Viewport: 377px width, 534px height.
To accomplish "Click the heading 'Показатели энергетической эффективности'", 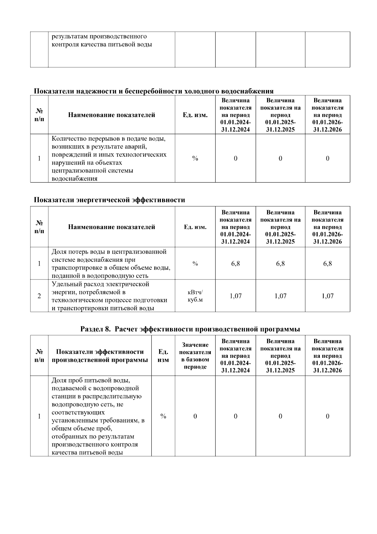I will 109,200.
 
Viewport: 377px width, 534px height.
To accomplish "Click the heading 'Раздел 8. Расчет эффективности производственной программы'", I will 190,329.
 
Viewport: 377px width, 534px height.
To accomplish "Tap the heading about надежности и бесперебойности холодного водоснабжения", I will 154,91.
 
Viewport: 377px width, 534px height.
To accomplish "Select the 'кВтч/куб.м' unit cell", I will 195,296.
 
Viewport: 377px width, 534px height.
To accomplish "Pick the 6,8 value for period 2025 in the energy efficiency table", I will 280,264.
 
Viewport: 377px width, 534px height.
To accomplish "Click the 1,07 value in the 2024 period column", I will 235,296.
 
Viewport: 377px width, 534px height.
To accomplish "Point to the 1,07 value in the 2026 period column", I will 327,296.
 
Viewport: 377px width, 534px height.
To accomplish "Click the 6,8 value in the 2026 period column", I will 327,264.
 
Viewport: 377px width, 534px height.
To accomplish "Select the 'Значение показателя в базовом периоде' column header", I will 195,356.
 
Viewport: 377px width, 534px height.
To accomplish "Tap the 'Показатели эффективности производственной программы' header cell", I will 100,356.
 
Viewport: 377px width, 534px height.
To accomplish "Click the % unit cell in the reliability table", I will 195,159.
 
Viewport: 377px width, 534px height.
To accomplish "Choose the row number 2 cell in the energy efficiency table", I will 39,296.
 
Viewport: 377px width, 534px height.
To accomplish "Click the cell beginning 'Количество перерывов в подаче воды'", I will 111,158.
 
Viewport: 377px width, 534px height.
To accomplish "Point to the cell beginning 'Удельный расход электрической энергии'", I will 111,296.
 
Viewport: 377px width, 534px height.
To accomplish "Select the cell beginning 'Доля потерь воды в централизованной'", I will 111,264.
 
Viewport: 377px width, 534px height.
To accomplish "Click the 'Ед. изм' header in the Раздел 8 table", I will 163,356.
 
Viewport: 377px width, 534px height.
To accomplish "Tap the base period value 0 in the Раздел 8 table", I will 195,416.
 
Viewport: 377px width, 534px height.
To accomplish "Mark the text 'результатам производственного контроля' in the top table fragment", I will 102,41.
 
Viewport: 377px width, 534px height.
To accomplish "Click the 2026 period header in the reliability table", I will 327,115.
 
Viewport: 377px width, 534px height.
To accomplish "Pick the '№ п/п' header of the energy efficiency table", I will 39,227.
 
